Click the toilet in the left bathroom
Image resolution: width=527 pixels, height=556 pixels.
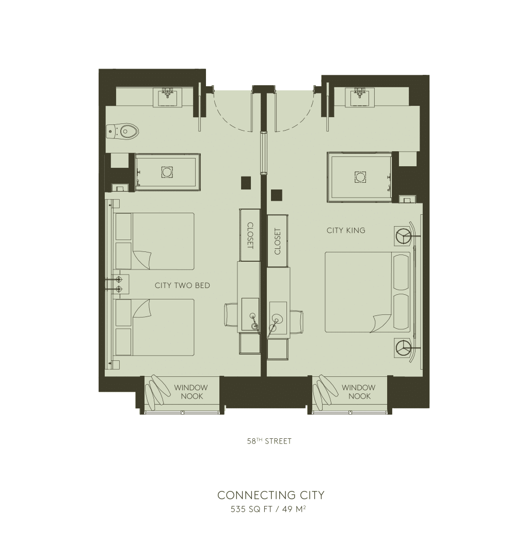click(x=125, y=132)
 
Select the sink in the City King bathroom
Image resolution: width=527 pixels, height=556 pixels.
click(x=359, y=97)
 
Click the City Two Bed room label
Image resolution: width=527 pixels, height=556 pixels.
click(x=182, y=285)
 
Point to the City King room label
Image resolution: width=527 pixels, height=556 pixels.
click(x=345, y=230)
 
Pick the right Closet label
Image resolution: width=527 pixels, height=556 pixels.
click(x=278, y=241)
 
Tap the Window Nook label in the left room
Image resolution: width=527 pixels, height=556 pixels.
click(x=190, y=392)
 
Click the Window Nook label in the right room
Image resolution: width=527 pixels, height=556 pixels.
click(x=359, y=392)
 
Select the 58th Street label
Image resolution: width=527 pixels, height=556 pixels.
click(x=269, y=441)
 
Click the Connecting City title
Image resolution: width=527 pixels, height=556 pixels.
click(x=270, y=495)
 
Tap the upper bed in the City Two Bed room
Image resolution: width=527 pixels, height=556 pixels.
click(x=155, y=241)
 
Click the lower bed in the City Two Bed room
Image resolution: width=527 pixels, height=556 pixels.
click(x=155, y=327)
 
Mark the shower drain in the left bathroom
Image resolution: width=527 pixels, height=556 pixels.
click(x=167, y=172)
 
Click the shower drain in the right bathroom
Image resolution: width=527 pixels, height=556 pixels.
click(x=360, y=177)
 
